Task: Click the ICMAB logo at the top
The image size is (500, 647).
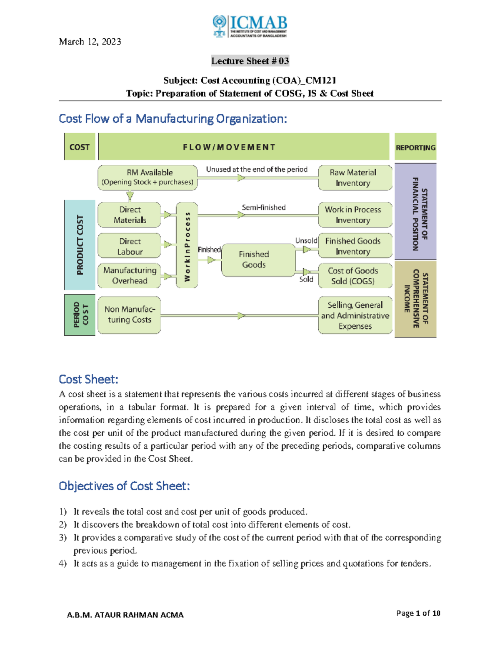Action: pos(250,26)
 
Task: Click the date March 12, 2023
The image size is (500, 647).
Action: pos(90,42)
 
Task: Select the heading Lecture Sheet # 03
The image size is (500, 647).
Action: pos(250,61)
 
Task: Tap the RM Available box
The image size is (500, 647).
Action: pos(148,177)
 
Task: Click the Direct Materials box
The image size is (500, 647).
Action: pos(130,215)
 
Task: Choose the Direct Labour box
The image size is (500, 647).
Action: pos(130,246)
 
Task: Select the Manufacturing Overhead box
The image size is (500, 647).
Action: pos(130,275)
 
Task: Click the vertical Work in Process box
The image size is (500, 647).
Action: pos(187,246)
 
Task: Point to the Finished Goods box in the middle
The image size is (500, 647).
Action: pos(254,260)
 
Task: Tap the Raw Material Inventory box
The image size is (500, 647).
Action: pos(355,177)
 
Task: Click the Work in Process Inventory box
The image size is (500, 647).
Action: pos(355,215)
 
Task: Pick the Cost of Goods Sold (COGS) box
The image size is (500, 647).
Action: pos(355,276)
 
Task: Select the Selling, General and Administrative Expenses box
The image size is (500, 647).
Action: pos(355,315)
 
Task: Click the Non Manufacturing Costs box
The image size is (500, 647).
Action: pos(130,315)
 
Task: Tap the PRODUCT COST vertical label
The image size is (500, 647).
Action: pos(80,245)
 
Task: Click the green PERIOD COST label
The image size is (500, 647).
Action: pos(80,315)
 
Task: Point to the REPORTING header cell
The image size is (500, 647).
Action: pos(415,147)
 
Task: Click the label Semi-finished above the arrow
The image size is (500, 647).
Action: pos(264,207)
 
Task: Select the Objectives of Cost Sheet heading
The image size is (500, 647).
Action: pos(124,486)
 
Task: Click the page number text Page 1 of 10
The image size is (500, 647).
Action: pos(418,613)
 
